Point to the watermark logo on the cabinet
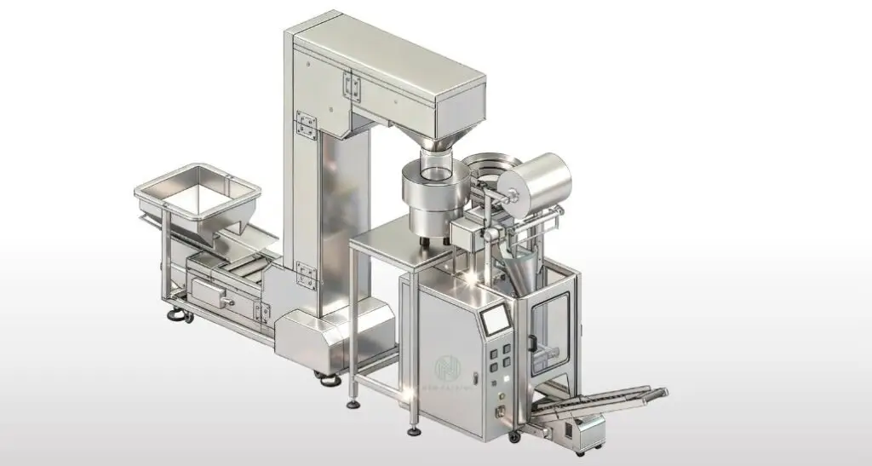click(x=446, y=368)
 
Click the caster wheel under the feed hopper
click(x=182, y=317)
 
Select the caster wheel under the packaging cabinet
click(x=513, y=436)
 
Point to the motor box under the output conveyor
click(x=585, y=431)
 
